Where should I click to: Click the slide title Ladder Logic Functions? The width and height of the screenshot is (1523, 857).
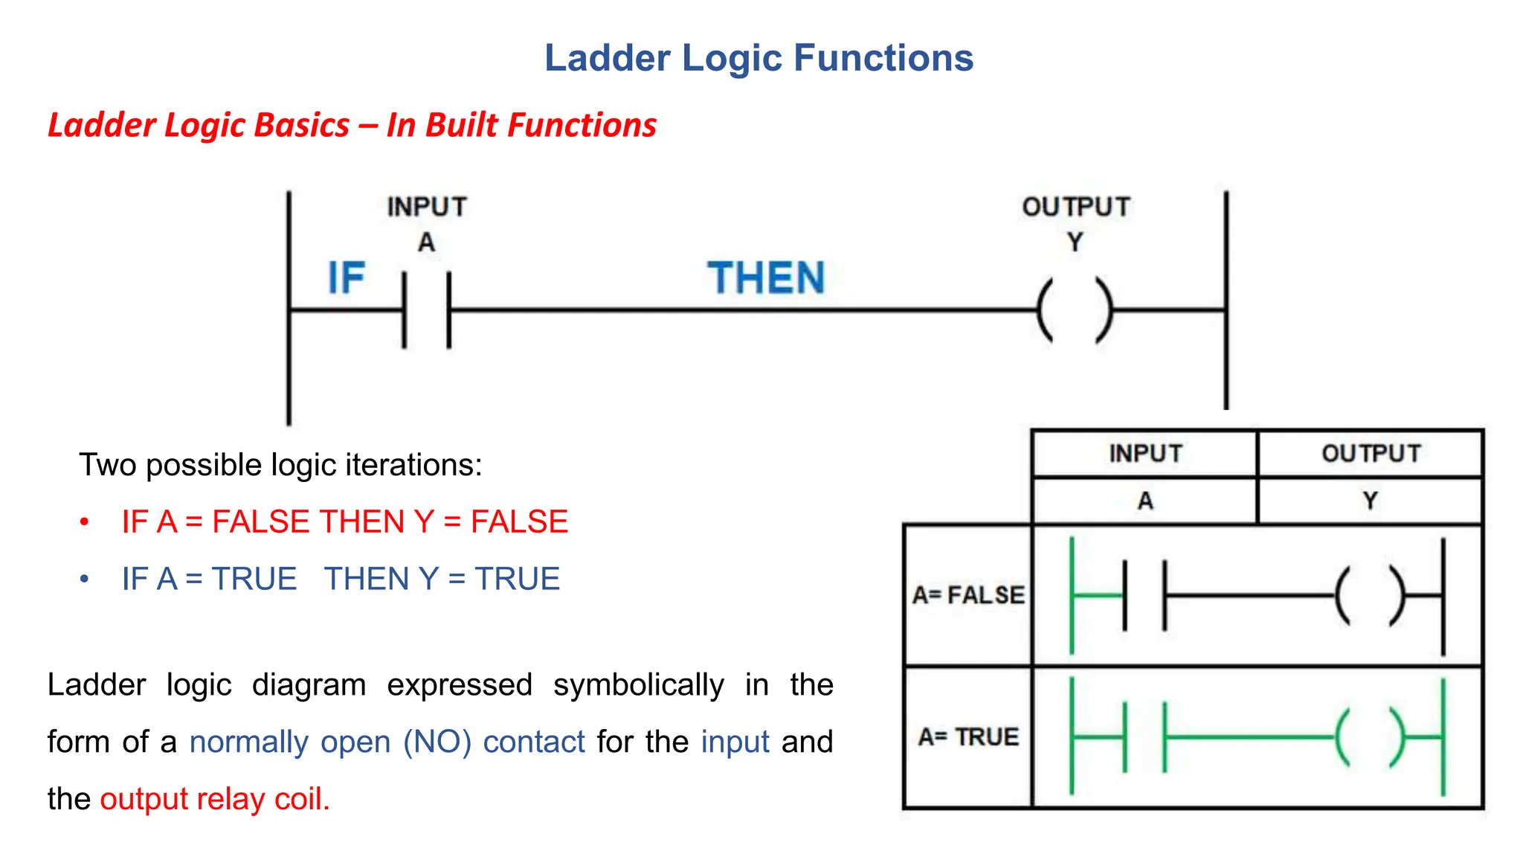[759, 58]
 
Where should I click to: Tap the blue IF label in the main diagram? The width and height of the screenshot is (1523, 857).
[347, 278]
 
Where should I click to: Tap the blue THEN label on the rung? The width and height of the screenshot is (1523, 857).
[766, 278]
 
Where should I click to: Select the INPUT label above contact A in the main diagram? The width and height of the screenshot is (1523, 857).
[427, 207]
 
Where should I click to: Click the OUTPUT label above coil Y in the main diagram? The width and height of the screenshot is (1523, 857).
[1076, 207]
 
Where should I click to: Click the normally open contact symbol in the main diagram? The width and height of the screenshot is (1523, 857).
[427, 310]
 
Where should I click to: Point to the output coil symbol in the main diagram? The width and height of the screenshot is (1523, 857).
[1075, 310]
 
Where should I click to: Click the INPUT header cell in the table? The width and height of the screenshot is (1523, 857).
[1145, 453]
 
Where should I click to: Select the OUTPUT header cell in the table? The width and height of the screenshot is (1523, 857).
[1371, 453]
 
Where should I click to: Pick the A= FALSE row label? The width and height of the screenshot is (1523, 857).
[968, 595]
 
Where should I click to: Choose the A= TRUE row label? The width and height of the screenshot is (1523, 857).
[968, 736]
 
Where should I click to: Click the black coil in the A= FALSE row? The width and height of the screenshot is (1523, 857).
[1370, 596]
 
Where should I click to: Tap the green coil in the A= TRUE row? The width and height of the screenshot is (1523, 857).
[1370, 737]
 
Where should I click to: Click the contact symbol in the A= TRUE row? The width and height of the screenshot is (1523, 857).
[1144, 737]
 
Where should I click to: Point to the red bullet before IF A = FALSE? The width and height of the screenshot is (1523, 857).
[85, 521]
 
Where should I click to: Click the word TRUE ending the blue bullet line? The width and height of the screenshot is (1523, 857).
[517, 579]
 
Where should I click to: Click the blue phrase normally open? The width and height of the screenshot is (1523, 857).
[290, 742]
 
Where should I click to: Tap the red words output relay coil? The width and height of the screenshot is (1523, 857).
[214, 799]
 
